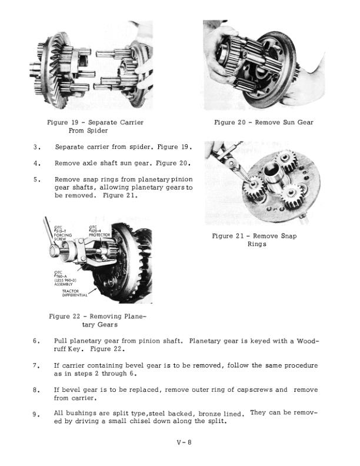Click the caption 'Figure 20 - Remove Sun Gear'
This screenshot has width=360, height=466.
(264, 122)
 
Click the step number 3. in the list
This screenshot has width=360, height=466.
(37, 147)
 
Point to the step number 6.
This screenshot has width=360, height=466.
(37, 341)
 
